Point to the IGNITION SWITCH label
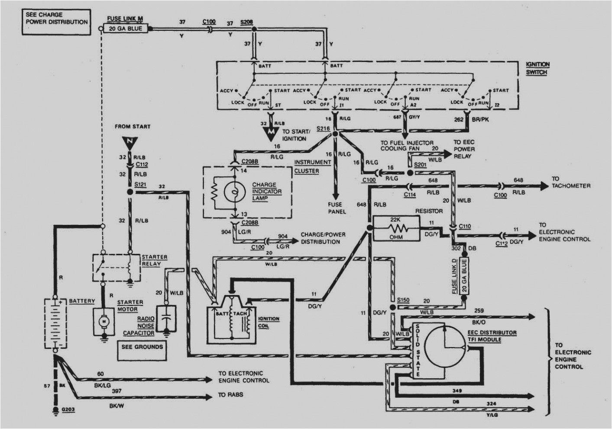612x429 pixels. click(538, 68)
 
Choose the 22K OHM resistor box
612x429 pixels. click(396, 228)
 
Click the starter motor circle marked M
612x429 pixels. click(104, 321)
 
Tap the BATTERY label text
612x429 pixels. click(81, 301)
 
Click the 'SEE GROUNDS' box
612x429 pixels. click(142, 347)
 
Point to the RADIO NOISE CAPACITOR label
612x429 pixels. click(139, 326)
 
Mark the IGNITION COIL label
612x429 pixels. click(269, 322)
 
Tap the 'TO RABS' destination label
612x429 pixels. click(231, 395)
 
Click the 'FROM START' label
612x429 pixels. click(133, 127)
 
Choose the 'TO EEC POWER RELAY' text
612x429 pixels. click(464, 149)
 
